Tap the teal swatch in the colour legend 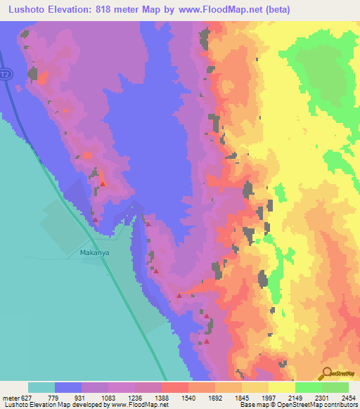(41, 387)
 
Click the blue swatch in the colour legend (68, 387)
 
